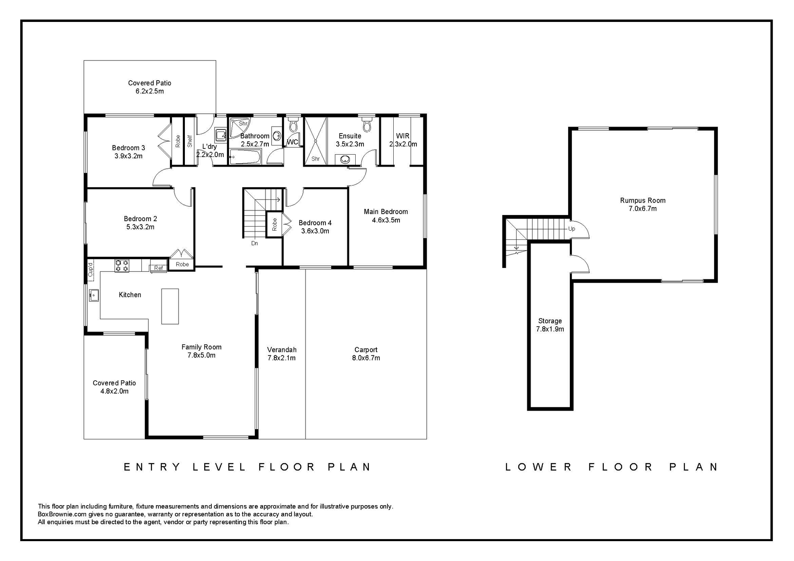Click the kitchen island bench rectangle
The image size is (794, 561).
point(170,306)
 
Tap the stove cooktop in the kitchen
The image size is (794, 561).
point(122,265)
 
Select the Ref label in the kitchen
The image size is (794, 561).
point(158,268)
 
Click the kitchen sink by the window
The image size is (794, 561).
point(94,295)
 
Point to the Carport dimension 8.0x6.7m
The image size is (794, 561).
point(366,358)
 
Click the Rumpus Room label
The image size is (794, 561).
point(643,201)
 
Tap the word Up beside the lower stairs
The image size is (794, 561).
point(572,229)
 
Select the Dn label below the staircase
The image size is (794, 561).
point(255,243)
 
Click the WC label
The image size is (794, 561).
point(292,142)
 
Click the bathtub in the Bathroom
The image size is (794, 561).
point(245,158)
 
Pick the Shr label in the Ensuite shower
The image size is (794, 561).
point(316,159)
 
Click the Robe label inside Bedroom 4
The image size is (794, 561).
point(275,224)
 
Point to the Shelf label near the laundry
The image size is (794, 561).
point(190,141)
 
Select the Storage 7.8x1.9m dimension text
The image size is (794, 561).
point(550,329)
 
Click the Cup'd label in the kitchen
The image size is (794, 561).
point(91,270)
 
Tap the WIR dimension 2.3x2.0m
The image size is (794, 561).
point(403,144)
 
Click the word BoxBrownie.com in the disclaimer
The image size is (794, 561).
point(62,514)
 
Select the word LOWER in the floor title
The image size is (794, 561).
point(538,467)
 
